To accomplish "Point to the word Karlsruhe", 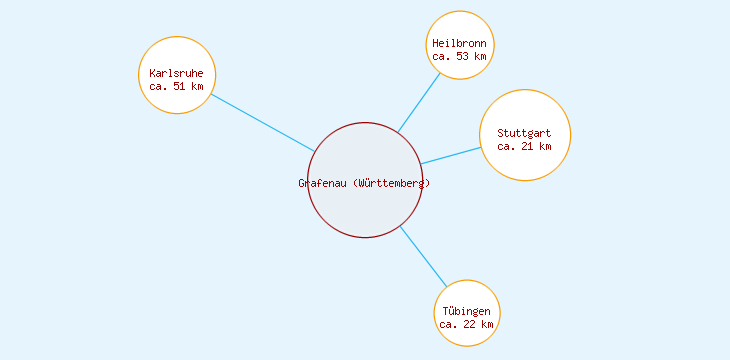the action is [x=177, y=73].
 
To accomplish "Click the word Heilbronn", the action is [x=460, y=43].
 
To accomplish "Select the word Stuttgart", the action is [x=525, y=133].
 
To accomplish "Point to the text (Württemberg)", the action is [x=392, y=183].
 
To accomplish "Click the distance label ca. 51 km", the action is [x=177, y=86].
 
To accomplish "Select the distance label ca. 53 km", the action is [x=460, y=56].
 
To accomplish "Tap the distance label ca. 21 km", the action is [x=525, y=146].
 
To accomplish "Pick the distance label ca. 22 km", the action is [x=467, y=324].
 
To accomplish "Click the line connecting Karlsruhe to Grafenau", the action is [x=263, y=123].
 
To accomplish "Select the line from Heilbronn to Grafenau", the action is [x=419, y=103].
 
